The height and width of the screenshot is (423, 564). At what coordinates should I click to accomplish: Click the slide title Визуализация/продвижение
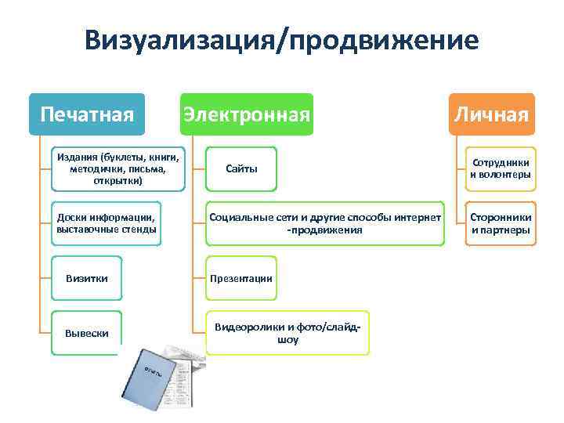click(x=282, y=40)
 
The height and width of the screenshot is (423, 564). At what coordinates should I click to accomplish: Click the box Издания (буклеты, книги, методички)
click(x=119, y=168)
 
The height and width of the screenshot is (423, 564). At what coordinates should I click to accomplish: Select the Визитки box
click(x=86, y=278)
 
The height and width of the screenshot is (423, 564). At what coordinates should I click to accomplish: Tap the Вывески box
click(x=86, y=334)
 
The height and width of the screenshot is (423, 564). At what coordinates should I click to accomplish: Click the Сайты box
click(x=240, y=168)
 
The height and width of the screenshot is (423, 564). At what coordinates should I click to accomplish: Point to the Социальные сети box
click(x=324, y=223)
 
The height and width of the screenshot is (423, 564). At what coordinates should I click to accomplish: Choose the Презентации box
click(x=240, y=278)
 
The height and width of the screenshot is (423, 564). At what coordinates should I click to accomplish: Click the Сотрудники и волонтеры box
click(x=500, y=168)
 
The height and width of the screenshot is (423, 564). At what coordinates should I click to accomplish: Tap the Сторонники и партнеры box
click(x=500, y=223)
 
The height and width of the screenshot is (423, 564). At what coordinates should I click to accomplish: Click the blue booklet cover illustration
click(x=148, y=379)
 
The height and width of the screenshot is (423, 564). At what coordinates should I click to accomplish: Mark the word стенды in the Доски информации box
click(x=139, y=230)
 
